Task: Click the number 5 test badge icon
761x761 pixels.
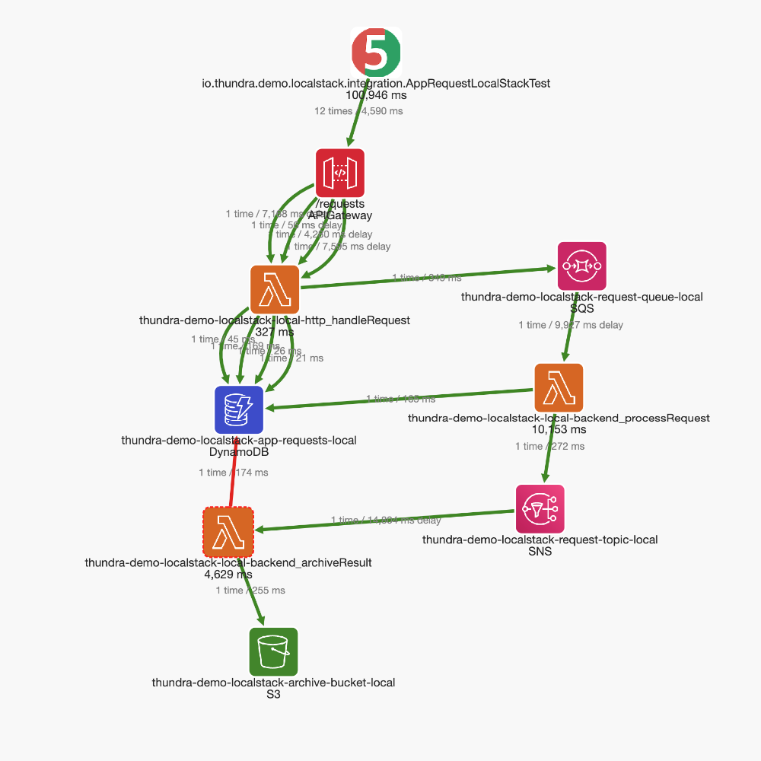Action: tap(375, 51)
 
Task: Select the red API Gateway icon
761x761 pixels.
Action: tap(340, 173)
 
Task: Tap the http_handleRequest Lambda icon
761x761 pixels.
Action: tap(275, 289)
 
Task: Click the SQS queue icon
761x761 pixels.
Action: tap(582, 266)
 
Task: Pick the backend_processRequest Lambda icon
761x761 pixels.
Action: tap(559, 388)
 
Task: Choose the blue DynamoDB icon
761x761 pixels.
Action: tap(239, 409)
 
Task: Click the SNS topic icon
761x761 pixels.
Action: tap(540, 509)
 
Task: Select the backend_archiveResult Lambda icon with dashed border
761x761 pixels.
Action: tap(228, 532)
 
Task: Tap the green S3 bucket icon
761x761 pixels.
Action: tap(273, 652)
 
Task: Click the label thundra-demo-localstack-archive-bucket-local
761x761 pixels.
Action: tap(273, 683)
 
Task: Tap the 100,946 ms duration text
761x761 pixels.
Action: tap(376, 95)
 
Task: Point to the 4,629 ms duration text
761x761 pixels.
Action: tap(228, 575)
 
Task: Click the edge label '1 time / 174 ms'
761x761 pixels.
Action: tap(233, 473)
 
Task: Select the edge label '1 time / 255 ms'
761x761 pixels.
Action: tap(250, 590)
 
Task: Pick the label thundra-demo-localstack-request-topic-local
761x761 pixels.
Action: tap(540, 540)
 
